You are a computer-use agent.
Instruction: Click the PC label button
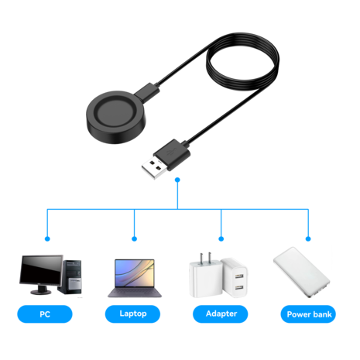[44, 314]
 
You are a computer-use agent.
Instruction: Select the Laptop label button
[134, 314]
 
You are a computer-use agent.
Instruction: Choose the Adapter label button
[221, 314]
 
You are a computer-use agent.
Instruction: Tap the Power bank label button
[309, 314]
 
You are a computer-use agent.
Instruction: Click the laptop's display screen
[134, 273]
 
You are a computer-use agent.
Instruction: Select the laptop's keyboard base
[134, 293]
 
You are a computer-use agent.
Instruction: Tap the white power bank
[301, 276]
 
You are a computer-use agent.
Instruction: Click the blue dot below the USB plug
[178, 180]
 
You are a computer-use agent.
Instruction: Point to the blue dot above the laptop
[134, 238]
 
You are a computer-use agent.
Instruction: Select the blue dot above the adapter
[221, 238]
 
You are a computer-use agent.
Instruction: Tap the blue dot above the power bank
[308, 238]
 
